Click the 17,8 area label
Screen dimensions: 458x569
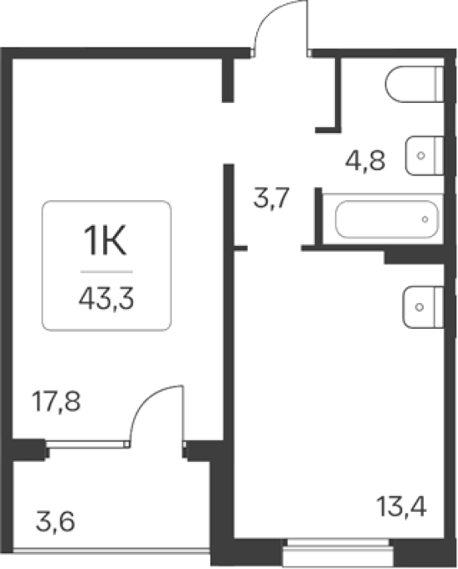click(x=57, y=401)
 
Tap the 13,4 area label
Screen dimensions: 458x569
click(x=401, y=506)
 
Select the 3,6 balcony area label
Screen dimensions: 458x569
click(x=56, y=522)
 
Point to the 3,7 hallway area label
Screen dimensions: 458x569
click(x=271, y=199)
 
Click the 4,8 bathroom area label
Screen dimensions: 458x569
click(x=365, y=160)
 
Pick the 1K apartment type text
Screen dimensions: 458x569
click(x=105, y=240)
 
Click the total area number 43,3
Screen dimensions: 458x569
click(x=106, y=298)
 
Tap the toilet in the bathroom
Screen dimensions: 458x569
click(x=415, y=84)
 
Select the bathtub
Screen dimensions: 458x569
click(x=387, y=219)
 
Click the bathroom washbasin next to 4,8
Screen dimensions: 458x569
click(x=425, y=155)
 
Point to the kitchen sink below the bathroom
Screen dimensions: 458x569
click(x=423, y=307)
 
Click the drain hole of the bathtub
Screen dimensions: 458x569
click(x=425, y=219)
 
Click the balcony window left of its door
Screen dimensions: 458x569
click(x=87, y=444)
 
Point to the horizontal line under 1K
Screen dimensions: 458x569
click(x=106, y=272)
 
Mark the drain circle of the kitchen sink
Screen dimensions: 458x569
click(x=419, y=307)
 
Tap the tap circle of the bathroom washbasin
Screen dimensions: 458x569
click(x=421, y=155)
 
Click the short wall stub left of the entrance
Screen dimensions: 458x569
click(x=228, y=79)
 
